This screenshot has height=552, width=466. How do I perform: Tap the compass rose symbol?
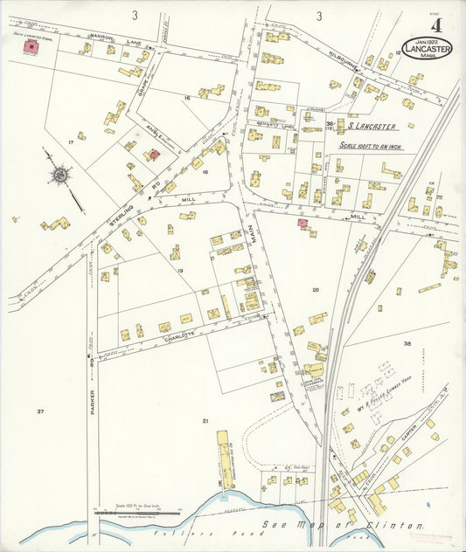coord(59,176)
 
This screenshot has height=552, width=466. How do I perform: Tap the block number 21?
coord(206,421)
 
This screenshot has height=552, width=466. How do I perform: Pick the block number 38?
coord(407,344)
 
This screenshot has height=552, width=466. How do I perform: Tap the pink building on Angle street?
coord(154,155)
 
